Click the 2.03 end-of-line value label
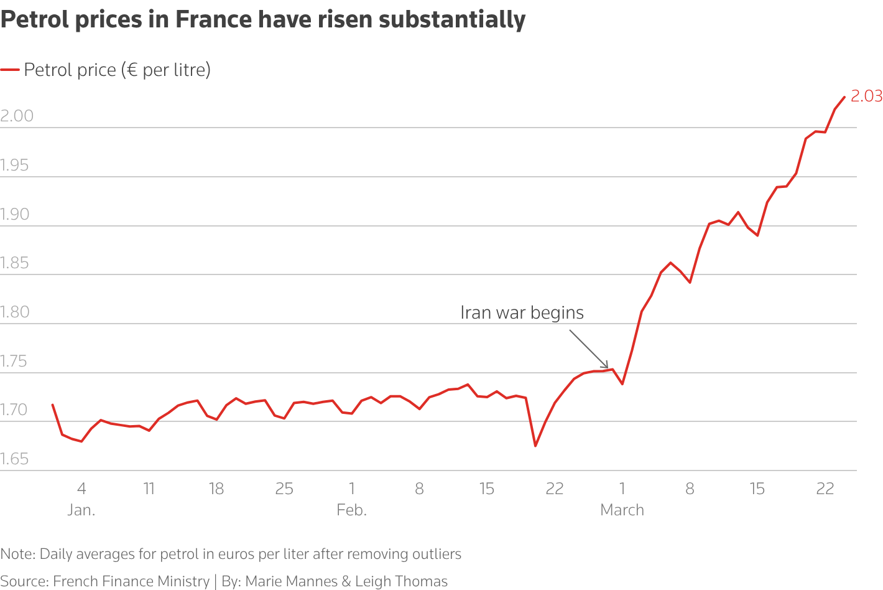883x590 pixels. pyautogui.click(x=866, y=96)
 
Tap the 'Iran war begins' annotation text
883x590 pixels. pyautogui.click(x=522, y=312)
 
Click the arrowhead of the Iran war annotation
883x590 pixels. pyautogui.click(x=606, y=366)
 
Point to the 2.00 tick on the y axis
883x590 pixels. pyautogui.click(x=17, y=116)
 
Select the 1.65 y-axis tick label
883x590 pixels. pyautogui.click(x=15, y=459)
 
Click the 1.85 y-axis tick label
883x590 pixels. pyautogui.click(x=15, y=263)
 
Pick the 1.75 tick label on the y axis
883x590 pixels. pyautogui.click(x=15, y=361)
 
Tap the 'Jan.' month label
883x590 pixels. pyautogui.click(x=81, y=510)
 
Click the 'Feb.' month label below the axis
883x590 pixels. pyautogui.click(x=351, y=510)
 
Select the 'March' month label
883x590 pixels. pyautogui.click(x=622, y=510)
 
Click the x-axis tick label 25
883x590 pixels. pyautogui.click(x=284, y=489)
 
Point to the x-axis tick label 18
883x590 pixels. pyautogui.click(x=216, y=489)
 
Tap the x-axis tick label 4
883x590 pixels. pyautogui.click(x=81, y=489)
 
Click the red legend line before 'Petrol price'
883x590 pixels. pyautogui.click(x=10, y=70)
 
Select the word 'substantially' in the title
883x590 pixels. pyautogui.click(x=452, y=20)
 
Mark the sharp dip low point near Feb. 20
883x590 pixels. pyautogui.click(x=535, y=445)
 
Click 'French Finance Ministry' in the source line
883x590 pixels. pyautogui.click(x=131, y=581)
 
